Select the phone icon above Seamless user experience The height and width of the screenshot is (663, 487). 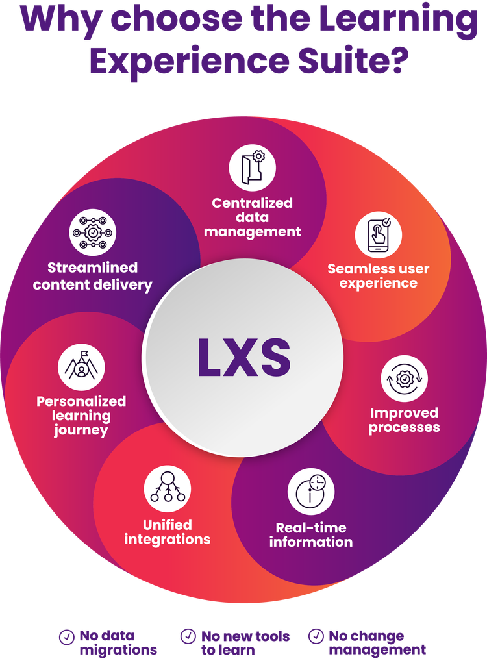point(378,233)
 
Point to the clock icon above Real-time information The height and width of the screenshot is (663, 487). point(311,492)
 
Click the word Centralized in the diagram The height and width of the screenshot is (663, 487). point(252,203)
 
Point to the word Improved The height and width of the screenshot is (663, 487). point(404,413)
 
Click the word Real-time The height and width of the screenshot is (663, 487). point(311,527)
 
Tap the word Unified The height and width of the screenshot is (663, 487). point(168,525)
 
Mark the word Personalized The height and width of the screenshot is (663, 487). point(81,401)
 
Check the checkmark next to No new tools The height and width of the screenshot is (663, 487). point(188,636)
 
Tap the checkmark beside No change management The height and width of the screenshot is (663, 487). point(316,636)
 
